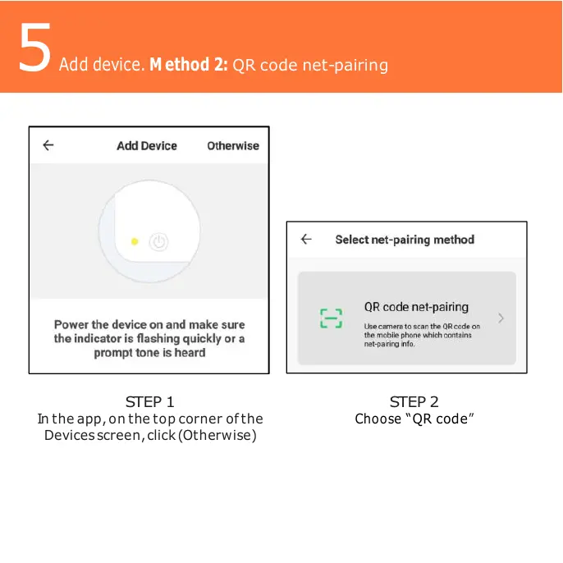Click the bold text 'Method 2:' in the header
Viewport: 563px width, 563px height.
coord(189,64)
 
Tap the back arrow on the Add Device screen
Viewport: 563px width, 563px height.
coord(48,145)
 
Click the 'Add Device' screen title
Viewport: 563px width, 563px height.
coord(147,146)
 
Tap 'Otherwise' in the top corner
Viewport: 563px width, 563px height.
coord(232,146)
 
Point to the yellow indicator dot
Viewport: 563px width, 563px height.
coord(135,241)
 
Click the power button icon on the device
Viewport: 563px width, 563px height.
coord(159,241)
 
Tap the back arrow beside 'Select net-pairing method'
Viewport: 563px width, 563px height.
coord(306,240)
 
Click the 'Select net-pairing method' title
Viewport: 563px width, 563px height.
coord(405,240)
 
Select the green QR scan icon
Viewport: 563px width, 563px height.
coord(331,318)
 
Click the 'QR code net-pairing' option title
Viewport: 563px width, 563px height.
coord(416,307)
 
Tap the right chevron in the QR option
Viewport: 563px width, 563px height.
coord(501,318)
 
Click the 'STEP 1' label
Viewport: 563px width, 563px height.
coord(149,402)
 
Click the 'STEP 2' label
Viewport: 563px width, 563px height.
coord(414,402)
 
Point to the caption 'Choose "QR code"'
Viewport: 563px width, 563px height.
coord(414,419)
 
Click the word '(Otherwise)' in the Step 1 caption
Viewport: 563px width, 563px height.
coord(218,435)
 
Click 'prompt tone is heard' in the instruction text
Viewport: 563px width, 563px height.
coord(149,353)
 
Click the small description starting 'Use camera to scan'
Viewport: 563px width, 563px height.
coord(422,335)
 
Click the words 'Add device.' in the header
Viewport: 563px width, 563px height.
coord(102,64)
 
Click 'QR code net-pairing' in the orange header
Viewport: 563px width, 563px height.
coord(310,64)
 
